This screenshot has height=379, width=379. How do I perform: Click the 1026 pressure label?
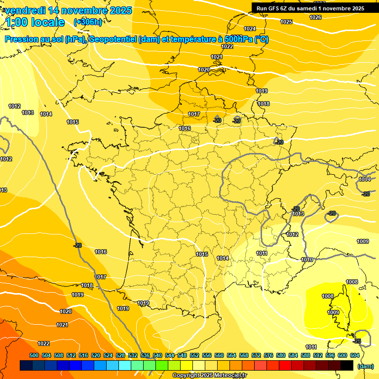(315, 17)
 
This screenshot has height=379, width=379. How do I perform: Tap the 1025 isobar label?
(286, 22)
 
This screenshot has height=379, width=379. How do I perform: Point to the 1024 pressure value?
(250, 29)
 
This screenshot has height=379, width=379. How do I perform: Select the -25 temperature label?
(357, 341)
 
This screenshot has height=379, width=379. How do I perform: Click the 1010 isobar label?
(307, 260)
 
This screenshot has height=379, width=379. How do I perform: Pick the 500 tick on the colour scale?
(34, 355)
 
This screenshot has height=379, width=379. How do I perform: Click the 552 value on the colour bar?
(194, 355)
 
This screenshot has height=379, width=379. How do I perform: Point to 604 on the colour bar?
(355, 355)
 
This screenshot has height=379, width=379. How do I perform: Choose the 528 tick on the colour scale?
(120, 355)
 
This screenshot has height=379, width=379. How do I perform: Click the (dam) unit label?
(365, 366)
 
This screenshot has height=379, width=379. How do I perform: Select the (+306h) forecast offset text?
(88, 22)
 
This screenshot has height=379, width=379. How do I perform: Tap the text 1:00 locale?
(35, 22)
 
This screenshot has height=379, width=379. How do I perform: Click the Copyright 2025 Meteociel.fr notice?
(209, 376)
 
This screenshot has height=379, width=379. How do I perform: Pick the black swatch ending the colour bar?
(347, 366)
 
